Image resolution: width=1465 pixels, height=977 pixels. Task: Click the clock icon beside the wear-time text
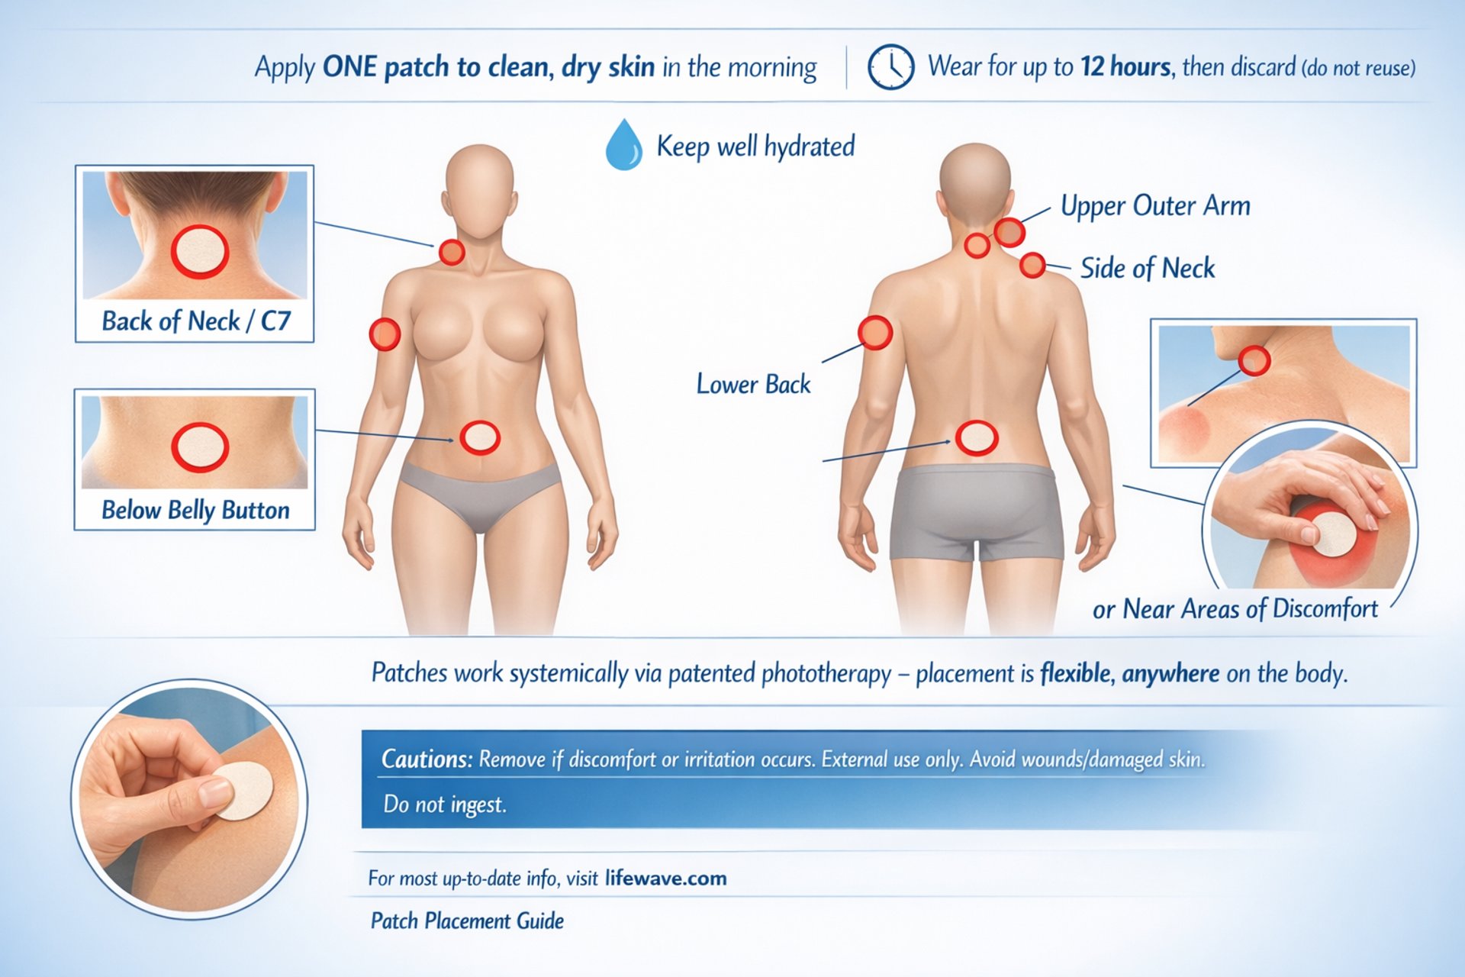point(890,67)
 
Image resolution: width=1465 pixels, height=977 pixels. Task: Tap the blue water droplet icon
point(623,144)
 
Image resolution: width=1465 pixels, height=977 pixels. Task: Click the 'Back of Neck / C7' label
point(196,321)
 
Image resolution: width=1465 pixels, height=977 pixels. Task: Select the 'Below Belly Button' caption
point(195,510)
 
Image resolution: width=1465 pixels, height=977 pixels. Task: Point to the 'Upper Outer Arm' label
point(1155,206)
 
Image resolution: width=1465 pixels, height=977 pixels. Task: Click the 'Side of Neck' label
point(1148,269)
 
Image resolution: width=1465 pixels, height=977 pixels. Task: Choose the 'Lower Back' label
point(753,384)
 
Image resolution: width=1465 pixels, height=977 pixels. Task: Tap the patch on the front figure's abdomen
point(480,438)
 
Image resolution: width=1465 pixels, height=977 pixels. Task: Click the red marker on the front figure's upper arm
point(385,334)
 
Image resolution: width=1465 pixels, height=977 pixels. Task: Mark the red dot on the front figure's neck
point(452,252)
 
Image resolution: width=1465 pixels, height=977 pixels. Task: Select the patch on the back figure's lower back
point(977,438)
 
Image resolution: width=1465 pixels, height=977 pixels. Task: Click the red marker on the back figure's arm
point(875,333)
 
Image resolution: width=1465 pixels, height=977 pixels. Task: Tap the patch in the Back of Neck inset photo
point(200,252)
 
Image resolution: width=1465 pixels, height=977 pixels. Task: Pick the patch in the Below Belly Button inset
point(200,447)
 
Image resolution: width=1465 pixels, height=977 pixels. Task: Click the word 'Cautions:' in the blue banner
point(427,759)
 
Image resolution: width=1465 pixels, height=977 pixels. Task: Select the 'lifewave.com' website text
point(665,879)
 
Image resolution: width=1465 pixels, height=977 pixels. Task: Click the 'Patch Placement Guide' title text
point(467,921)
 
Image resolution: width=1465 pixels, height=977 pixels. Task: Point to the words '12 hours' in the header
point(1125,67)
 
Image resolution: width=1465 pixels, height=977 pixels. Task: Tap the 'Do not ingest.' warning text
point(445,804)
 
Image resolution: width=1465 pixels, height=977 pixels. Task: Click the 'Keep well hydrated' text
point(755,146)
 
